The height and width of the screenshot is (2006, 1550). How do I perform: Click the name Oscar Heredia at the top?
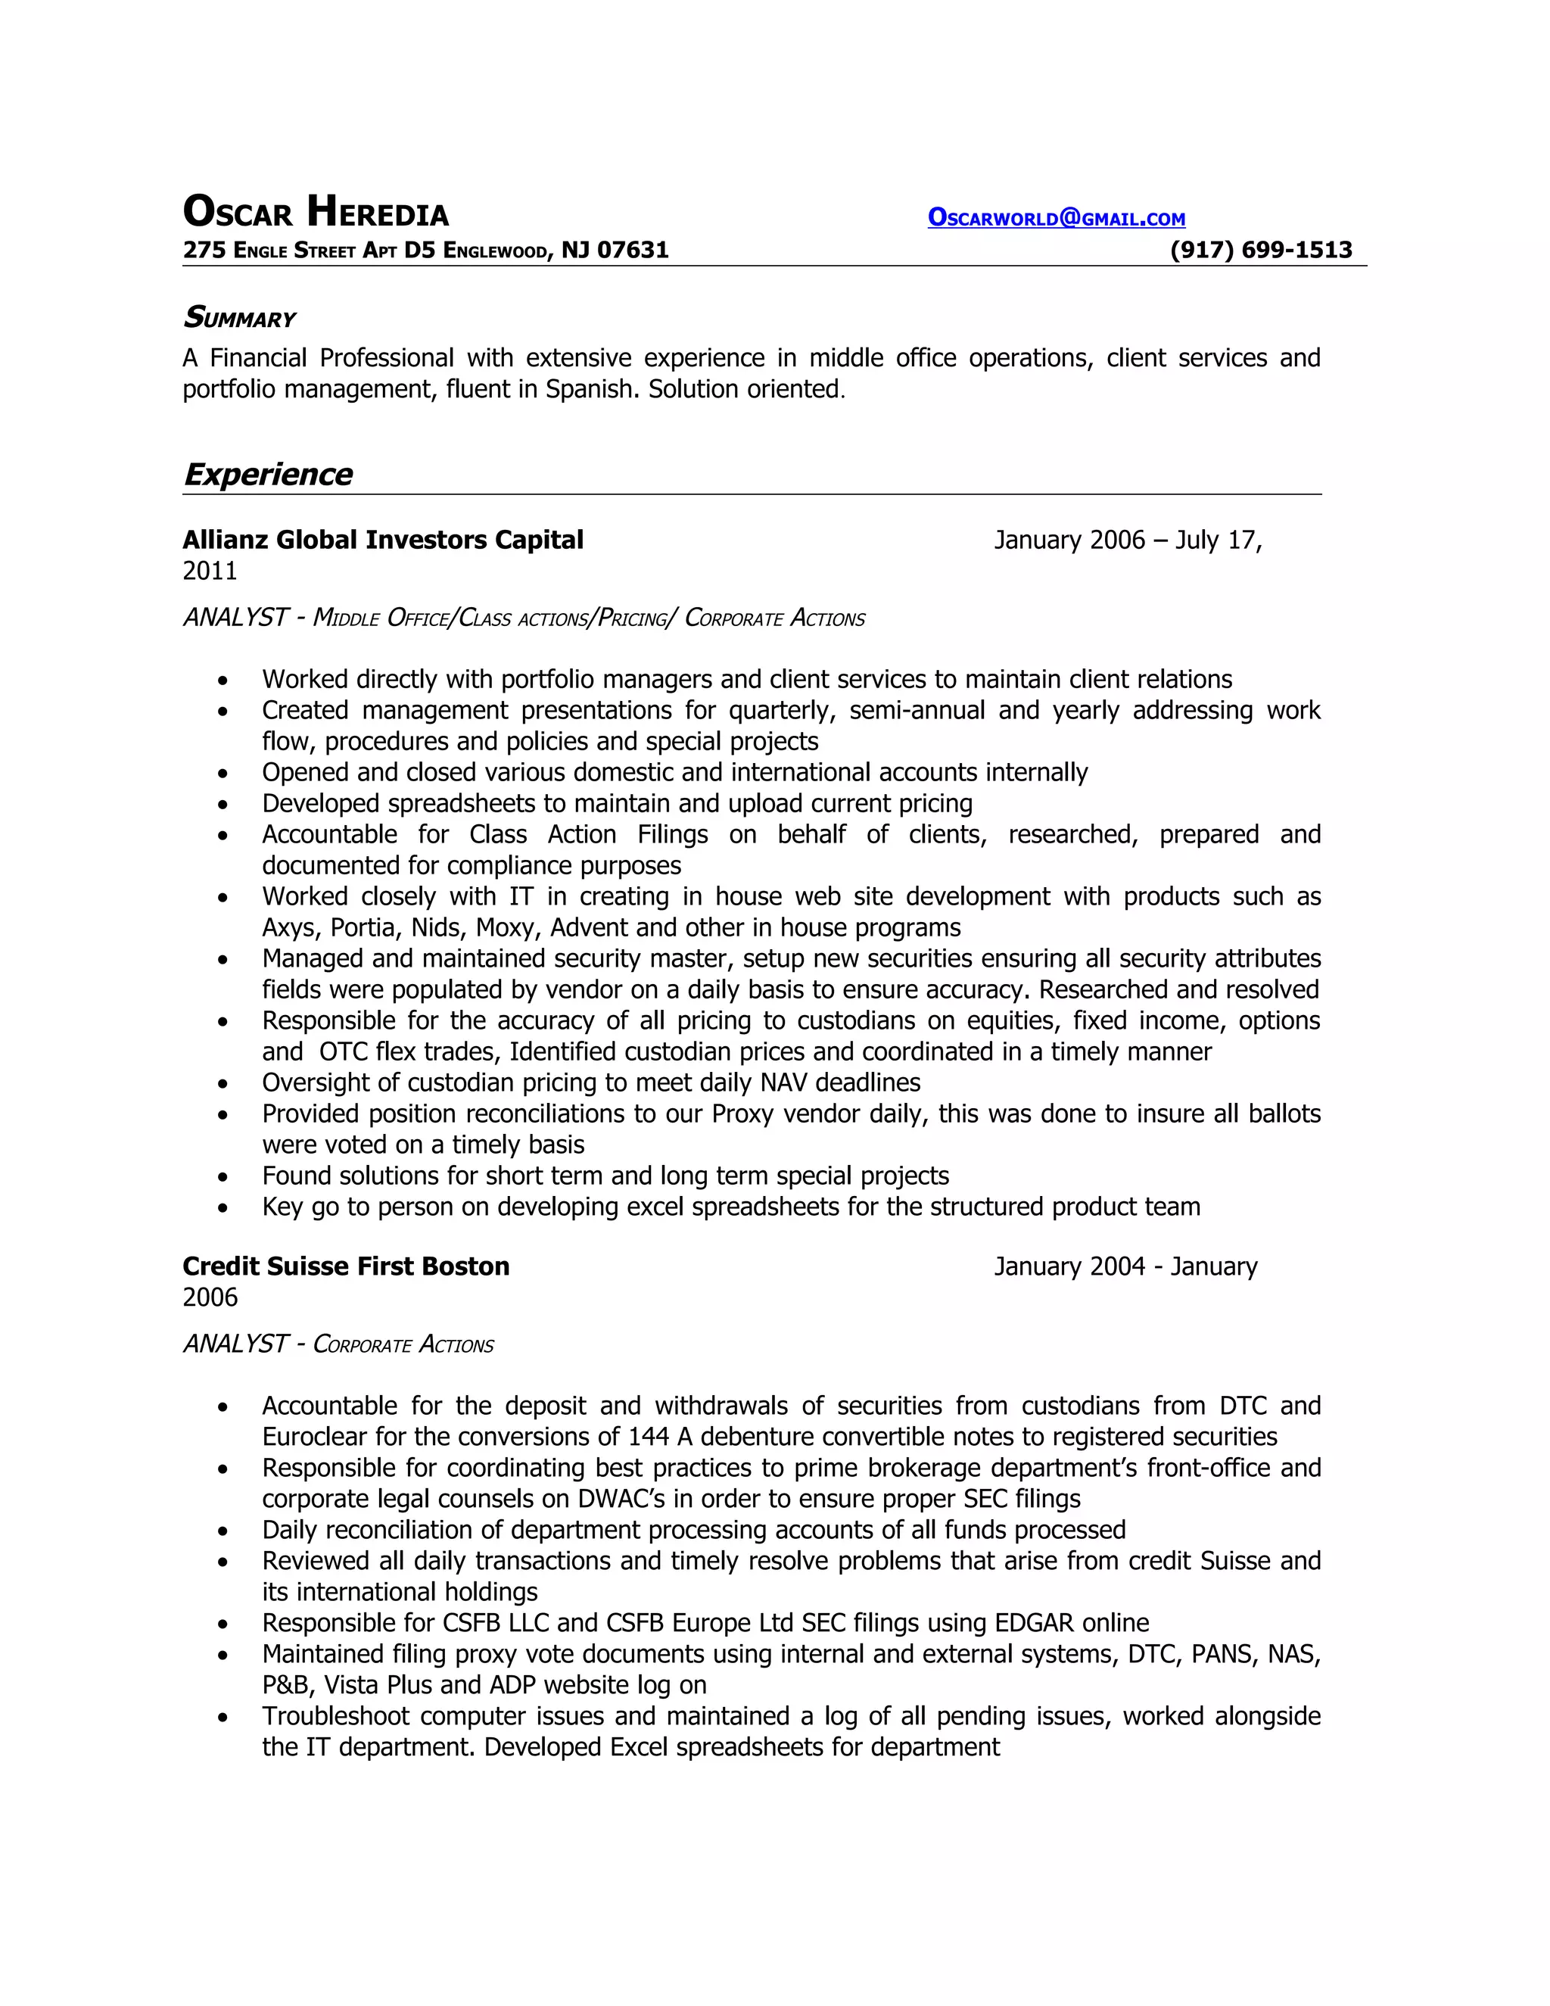pyautogui.click(x=315, y=212)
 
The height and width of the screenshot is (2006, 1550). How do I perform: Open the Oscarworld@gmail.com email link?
pyautogui.click(x=1056, y=219)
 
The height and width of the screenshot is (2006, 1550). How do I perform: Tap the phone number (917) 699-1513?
pyautogui.click(x=1261, y=250)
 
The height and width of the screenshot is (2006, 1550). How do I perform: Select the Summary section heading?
pyautogui.click(x=240, y=318)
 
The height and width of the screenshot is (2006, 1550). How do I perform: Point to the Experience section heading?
pyautogui.click(x=267, y=474)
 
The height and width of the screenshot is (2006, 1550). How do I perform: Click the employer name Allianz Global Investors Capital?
pyautogui.click(x=383, y=539)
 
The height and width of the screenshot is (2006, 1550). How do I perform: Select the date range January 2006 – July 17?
pyautogui.click(x=1128, y=539)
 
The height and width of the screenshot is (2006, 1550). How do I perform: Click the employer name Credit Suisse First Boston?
pyautogui.click(x=346, y=1266)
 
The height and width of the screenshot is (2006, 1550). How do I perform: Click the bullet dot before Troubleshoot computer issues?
pyautogui.click(x=223, y=1717)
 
